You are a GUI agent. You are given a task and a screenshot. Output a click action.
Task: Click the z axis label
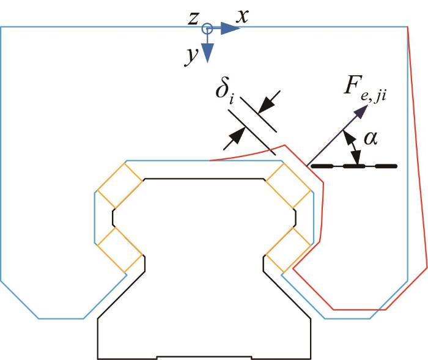193,19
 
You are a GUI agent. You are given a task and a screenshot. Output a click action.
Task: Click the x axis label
242,17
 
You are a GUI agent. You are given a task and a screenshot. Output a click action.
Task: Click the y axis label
191,56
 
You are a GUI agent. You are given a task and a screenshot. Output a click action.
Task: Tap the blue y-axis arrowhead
207,54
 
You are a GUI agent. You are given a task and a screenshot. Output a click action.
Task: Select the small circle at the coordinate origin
207,28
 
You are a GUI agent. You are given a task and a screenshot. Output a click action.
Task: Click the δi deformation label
225,92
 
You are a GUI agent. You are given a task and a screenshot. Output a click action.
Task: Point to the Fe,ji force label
365,88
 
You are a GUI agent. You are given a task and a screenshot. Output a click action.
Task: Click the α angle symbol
371,138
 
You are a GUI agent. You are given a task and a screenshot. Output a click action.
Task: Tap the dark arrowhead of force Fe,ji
362,111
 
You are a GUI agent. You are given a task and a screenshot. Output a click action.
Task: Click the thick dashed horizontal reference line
354,166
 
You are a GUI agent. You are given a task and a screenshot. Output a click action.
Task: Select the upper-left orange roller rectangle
120,185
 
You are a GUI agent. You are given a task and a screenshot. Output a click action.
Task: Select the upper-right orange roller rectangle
289,185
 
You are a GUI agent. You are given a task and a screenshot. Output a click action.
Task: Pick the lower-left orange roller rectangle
120,251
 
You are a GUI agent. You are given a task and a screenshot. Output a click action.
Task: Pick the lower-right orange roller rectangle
289,251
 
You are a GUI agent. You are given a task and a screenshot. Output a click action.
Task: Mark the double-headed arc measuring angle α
352,148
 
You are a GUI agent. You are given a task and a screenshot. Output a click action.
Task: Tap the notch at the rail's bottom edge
204,358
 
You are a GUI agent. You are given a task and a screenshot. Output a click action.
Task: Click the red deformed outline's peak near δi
285,145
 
